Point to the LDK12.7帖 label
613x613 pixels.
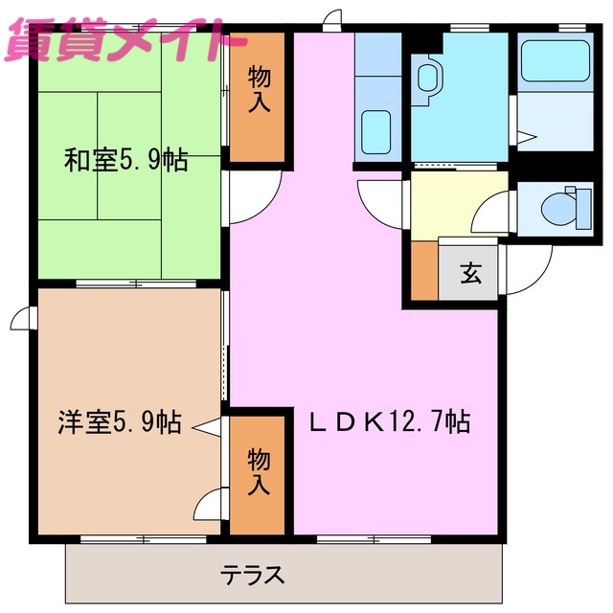[x=388, y=421]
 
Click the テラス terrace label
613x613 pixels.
[x=254, y=575]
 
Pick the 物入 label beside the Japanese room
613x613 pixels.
[x=258, y=89]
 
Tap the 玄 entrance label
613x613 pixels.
[x=470, y=273]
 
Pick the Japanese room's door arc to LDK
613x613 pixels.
[x=251, y=195]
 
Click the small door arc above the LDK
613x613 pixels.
[x=332, y=17]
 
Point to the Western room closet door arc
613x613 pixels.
[x=211, y=503]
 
